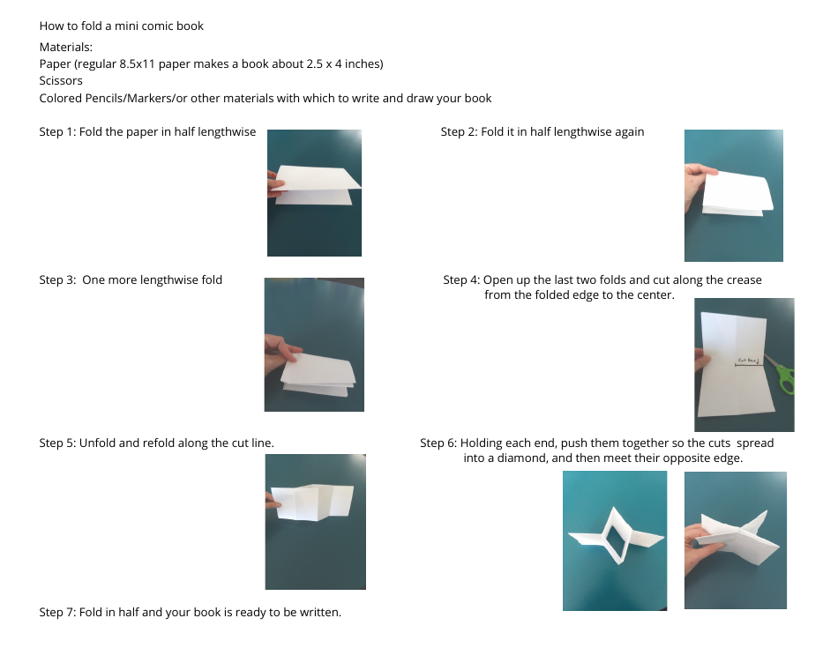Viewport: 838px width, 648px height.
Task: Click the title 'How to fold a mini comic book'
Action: (x=121, y=26)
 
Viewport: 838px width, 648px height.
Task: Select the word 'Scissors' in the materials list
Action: (x=61, y=80)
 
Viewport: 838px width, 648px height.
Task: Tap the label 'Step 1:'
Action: (x=57, y=132)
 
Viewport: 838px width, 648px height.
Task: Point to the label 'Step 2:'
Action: (x=459, y=132)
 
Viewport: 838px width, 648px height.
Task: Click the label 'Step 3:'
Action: (x=57, y=280)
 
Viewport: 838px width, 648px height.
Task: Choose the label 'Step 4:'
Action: (x=461, y=280)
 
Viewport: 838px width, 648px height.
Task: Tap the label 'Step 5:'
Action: (x=57, y=443)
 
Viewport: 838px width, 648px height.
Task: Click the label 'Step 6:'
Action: (x=438, y=443)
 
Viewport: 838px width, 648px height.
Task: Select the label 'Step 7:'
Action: (x=57, y=612)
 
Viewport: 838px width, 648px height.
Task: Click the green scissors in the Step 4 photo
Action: (x=783, y=374)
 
